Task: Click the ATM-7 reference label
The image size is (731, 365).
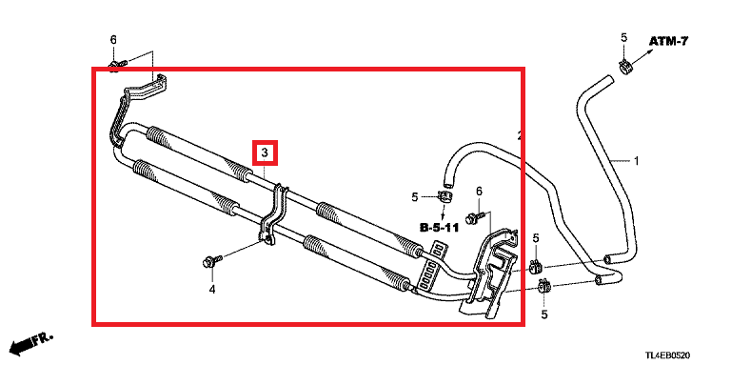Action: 669,41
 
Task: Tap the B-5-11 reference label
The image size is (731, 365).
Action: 439,228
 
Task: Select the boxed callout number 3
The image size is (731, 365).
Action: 265,152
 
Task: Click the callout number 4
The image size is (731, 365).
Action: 212,290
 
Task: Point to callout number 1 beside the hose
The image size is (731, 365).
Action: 636,161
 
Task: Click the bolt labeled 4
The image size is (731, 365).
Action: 209,262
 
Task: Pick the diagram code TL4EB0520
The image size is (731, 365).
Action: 667,355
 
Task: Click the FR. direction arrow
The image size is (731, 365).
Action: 31,343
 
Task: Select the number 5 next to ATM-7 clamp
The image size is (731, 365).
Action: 624,38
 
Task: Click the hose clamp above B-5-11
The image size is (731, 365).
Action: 445,196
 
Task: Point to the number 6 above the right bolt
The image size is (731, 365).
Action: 479,191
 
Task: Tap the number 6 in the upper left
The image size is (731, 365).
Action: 113,40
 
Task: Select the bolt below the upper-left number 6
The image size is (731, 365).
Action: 116,65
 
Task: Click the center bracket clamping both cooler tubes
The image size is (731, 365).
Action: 273,213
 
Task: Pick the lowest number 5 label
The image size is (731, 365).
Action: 544,314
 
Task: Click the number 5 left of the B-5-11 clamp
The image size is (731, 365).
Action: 415,197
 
